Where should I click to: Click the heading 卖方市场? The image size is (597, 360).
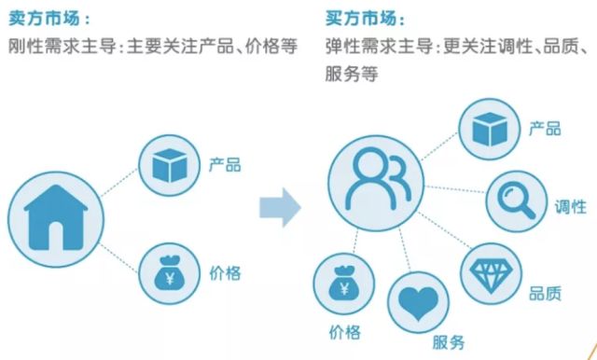point(45,18)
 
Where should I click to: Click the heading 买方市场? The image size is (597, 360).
point(361,18)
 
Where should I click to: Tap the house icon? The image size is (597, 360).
point(56,217)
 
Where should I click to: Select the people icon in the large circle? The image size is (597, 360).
point(378,179)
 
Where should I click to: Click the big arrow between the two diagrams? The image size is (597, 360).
point(280,207)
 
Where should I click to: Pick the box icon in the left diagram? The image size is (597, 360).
point(170,165)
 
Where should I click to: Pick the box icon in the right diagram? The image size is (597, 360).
point(490,130)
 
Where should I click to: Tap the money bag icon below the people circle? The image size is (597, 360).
point(344,283)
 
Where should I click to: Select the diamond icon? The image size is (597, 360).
point(492,273)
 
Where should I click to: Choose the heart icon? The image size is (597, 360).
point(419,303)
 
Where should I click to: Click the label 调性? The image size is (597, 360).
point(570,207)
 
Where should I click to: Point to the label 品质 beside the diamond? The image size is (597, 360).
point(545,294)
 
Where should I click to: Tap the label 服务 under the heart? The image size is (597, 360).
point(449,342)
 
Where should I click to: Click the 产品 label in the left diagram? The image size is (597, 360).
point(225,165)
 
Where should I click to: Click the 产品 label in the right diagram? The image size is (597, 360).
point(545,129)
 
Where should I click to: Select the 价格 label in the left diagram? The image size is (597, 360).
point(225,273)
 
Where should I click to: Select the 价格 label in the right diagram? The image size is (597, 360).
point(344,332)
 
